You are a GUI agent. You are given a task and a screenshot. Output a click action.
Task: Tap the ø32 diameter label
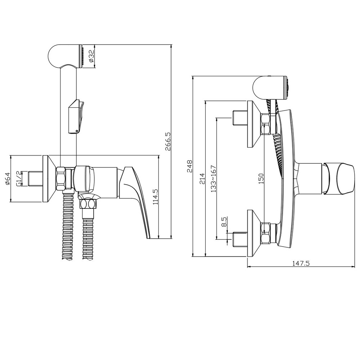pyautogui.click(x=91, y=56)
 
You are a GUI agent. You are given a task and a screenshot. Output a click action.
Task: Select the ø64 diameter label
pyautogui.click(x=7, y=179)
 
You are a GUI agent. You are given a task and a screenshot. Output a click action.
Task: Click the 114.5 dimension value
pyautogui.click(x=156, y=197)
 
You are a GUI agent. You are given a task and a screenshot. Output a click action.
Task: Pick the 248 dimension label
pyautogui.click(x=190, y=166)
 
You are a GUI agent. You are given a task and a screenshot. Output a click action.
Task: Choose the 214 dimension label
pyautogui.click(x=202, y=179)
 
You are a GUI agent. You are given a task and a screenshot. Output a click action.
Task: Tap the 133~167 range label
pyautogui.click(x=213, y=179)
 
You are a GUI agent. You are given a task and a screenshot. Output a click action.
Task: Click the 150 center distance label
pyautogui.click(x=261, y=179)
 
